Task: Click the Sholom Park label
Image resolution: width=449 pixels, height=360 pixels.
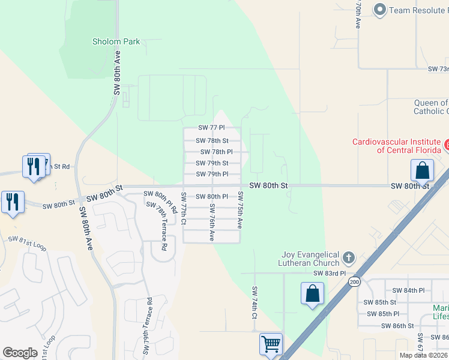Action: [x=116, y=41]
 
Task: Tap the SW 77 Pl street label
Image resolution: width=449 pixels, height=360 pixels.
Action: [x=211, y=128]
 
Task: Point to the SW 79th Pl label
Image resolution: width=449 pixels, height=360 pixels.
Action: [x=212, y=174]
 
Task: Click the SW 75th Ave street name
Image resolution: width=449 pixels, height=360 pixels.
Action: [x=240, y=209]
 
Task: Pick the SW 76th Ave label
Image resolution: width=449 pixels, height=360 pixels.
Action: [x=211, y=222]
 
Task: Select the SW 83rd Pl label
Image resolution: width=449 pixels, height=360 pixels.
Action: [x=330, y=273]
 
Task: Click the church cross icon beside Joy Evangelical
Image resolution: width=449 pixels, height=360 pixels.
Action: [x=348, y=259]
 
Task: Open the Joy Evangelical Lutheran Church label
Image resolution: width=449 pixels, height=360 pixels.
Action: [x=309, y=259]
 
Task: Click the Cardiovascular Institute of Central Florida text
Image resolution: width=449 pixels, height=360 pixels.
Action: [x=396, y=146]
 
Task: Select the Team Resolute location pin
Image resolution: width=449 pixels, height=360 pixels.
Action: [x=379, y=10]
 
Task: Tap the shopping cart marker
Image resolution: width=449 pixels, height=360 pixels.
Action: [x=271, y=344]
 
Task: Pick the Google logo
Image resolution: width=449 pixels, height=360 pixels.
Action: [x=20, y=353]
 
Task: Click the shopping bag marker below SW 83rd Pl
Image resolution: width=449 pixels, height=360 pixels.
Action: [x=312, y=294]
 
